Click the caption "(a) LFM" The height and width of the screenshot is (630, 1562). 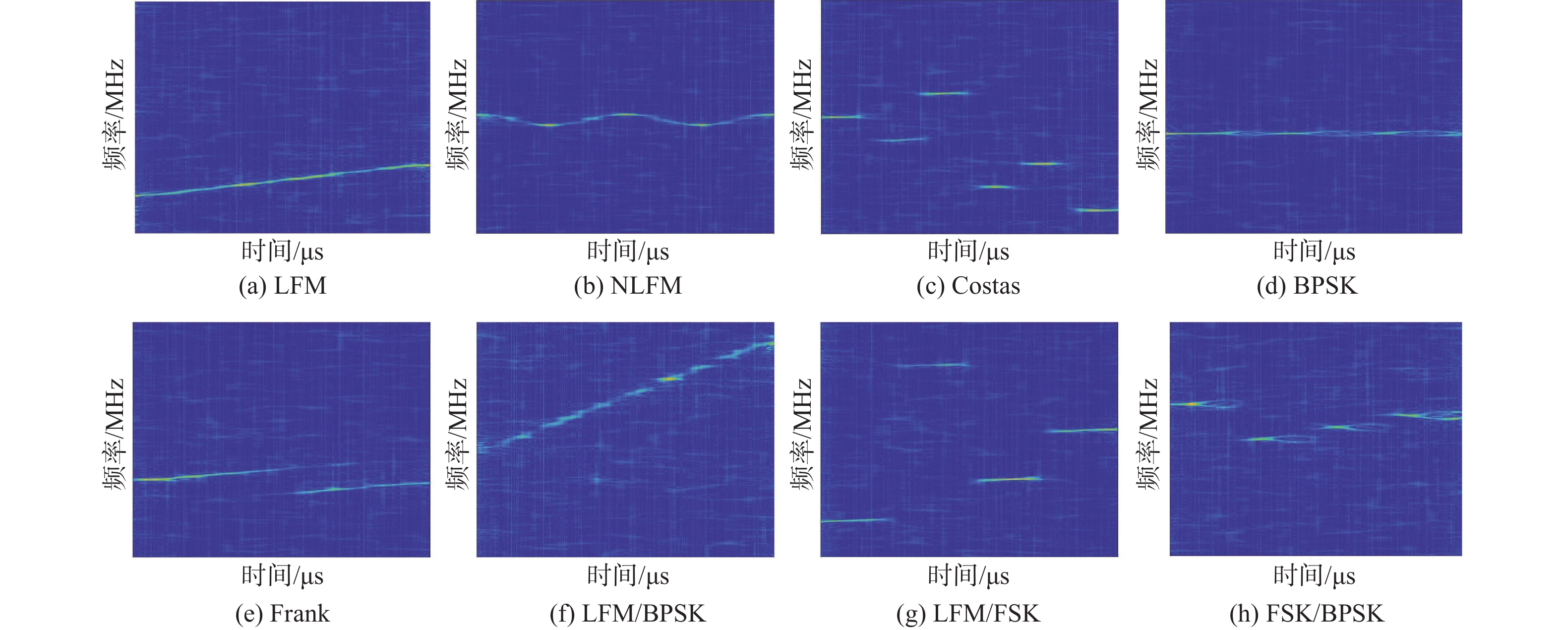pos(283,286)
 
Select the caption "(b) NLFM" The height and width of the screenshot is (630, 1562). pos(628,286)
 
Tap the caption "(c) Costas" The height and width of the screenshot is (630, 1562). pos(968,286)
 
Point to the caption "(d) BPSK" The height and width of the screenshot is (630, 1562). pos(1307,286)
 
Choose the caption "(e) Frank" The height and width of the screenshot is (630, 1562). pos(283,614)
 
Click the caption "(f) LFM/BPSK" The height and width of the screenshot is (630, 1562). pos(628,614)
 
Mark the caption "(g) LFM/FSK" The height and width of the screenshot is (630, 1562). pos(968,614)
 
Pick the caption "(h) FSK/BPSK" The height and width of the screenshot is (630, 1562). pos(1307,614)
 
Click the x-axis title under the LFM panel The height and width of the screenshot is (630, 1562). pos(283,251)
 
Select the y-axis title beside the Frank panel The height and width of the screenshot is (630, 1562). pos(114,434)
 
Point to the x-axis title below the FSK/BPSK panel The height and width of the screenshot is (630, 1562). pos(1314,575)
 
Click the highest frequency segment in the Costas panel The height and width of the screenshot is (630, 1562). pos(944,93)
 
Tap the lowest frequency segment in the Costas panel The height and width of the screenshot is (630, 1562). pos(1096,210)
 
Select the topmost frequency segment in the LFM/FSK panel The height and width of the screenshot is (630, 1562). pos(933,365)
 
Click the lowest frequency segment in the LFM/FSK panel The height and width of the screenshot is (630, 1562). pos(854,520)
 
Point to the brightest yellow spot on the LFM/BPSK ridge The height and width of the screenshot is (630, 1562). pos(669,379)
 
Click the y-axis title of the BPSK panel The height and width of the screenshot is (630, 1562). pos(1147,115)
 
